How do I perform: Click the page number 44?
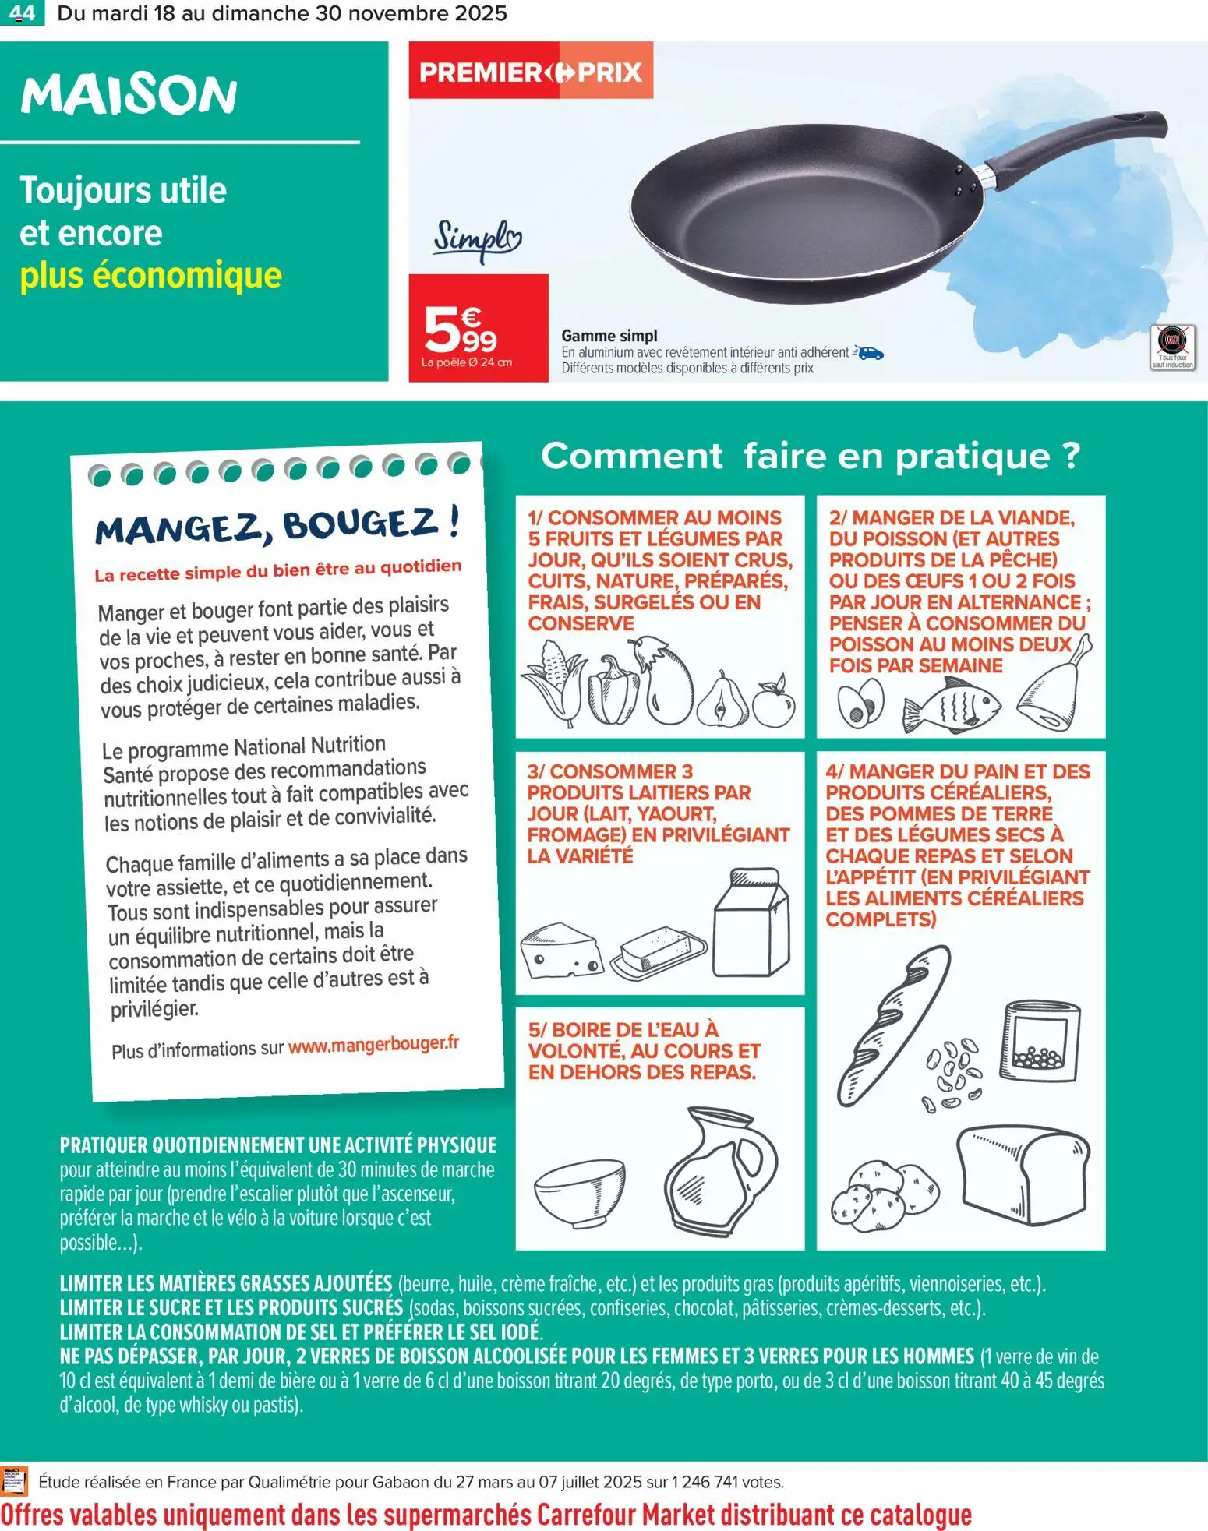pos(22,13)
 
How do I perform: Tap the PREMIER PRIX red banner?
pos(530,72)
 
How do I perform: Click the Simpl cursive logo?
pos(477,239)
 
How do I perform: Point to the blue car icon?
pos(869,353)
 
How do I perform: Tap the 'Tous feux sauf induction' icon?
pos(1172,347)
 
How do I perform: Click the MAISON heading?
pos(129,96)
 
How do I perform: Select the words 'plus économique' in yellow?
pos(150,275)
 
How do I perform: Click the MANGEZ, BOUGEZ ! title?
pos(277,524)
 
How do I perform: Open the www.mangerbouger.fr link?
pos(373,1043)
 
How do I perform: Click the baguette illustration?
pos(893,1024)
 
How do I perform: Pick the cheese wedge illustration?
pos(560,951)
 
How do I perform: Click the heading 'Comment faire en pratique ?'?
pos(810,456)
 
